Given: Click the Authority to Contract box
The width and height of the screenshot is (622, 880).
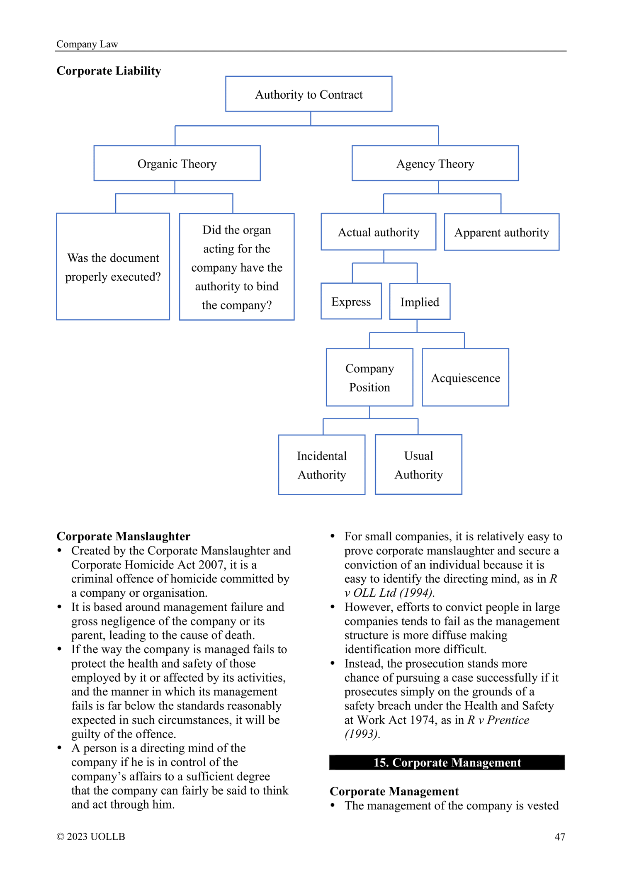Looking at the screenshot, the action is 309,94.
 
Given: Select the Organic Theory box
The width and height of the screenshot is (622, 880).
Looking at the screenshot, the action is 177,163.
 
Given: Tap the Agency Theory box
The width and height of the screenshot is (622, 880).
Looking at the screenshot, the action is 435,163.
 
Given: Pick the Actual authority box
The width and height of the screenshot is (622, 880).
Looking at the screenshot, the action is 379,232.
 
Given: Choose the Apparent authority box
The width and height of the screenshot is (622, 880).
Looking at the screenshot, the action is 502,232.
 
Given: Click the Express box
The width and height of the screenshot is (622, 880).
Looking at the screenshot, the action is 351,301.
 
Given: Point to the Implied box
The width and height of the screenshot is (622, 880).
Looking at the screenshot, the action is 420,301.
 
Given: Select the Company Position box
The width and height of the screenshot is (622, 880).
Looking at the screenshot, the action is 369,377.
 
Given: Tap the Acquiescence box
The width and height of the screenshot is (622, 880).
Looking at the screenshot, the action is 465,377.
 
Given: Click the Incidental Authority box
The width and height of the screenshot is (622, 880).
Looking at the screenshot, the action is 322,465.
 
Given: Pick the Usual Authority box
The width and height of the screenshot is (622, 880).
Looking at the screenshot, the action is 418,464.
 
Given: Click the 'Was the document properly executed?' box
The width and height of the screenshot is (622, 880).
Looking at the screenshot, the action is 113,267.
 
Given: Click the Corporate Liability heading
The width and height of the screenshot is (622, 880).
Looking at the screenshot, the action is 109,71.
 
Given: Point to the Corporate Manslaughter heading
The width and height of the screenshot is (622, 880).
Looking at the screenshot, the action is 124,536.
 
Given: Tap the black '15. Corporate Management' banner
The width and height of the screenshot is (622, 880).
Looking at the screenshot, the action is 447,762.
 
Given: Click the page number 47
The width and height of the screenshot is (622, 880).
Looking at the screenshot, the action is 560,837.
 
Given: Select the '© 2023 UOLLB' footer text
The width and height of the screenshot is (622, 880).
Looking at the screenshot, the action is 91,836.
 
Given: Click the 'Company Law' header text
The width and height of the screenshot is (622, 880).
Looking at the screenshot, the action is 87,44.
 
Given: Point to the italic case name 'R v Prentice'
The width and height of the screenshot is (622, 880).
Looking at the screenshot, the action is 498,720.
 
